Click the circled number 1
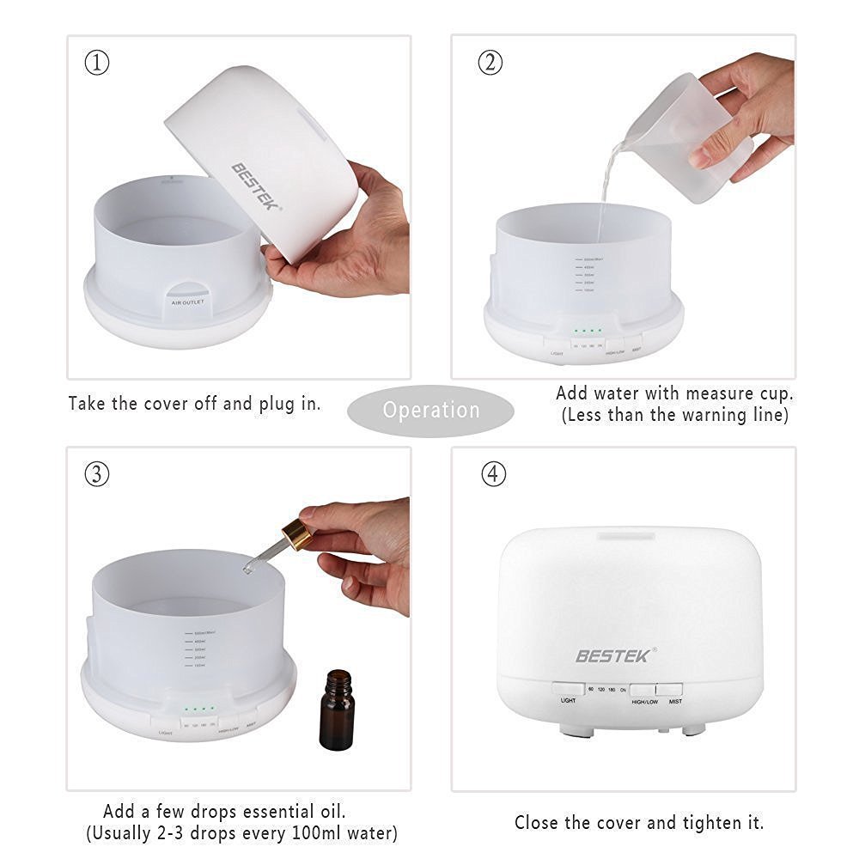coord(97,63)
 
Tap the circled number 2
coord(490,63)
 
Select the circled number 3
coord(97,474)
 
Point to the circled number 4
coord(493,474)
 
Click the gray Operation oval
coord(431,411)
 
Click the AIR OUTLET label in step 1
coord(188,303)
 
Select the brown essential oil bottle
coord(336,710)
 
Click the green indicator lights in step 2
coord(588,330)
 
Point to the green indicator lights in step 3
coord(198,710)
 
